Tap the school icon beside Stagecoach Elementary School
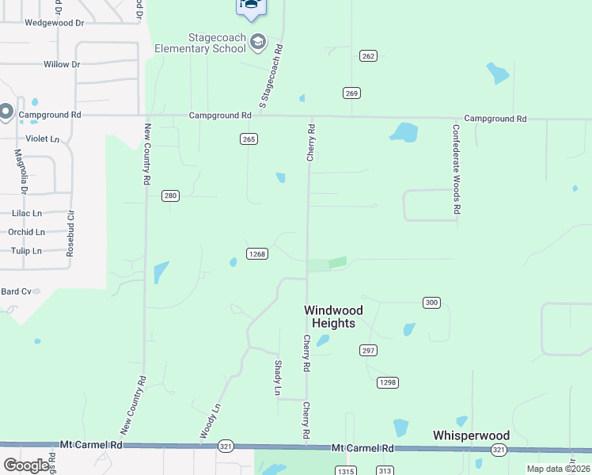pyautogui.click(x=258, y=42)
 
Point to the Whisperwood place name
pyautogui.click(x=471, y=435)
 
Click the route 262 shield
pyautogui.click(x=368, y=55)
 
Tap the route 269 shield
pyautogui.click(x=352, y=93)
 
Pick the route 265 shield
pyautogui.click(x=249, y=139)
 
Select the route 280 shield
pyautogui.click(x=170, y=196)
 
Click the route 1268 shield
pyautogui.click(x=256, y=253)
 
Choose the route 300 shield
pyautogui.click(x=431, y=302)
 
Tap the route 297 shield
pyautogui.click(x=369, y=350)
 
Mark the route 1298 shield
pyautogui.click(x=387, y=382)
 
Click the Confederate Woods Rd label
pyautogui.click(x=456, y=169)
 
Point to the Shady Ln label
pyautogui.click(x=278, y=378)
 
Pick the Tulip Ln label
pyautogui.click(x=26, y=251)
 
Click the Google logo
pyautogui.click(x=26, y=465)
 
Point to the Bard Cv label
pyautogui.click(x=15, y=291)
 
